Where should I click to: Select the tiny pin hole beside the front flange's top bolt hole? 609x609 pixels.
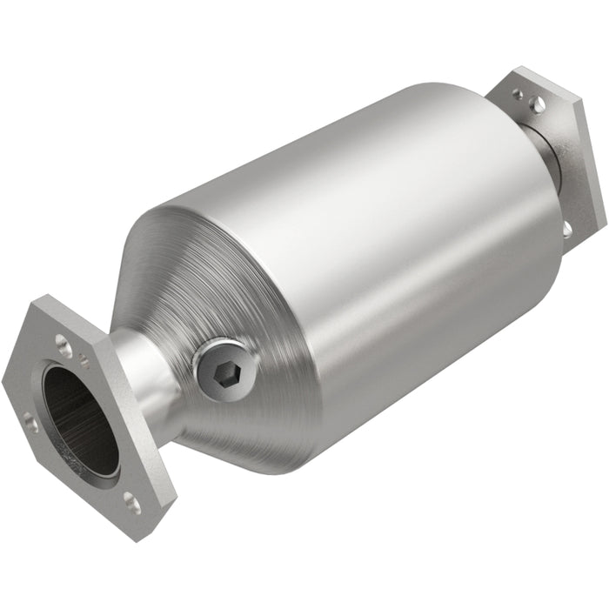[84, 357]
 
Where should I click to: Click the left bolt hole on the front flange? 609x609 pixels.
[30, 424]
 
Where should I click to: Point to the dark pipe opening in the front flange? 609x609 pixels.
[78, 418]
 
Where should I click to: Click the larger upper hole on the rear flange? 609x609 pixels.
[539, 104]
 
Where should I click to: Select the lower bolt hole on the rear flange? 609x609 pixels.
[566, 228]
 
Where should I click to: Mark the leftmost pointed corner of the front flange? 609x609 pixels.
[4, 383]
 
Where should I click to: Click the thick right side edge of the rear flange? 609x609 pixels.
[592, 165]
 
